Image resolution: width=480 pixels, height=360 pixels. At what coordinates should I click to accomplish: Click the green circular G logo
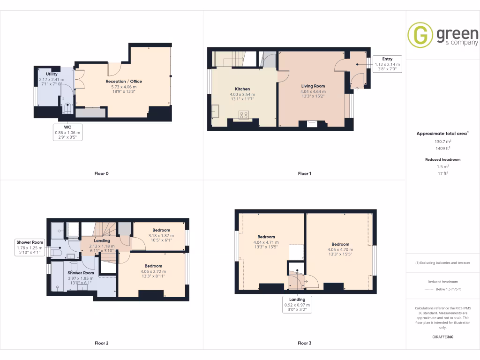pos(420,35)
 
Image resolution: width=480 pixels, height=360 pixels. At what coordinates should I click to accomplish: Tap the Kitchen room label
pos(242,89)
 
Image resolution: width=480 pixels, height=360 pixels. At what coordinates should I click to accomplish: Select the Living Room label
pos(313,86)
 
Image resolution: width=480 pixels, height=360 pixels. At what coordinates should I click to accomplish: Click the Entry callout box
pos(387,64)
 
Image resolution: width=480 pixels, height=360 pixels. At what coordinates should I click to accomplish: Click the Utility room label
pos(52,74)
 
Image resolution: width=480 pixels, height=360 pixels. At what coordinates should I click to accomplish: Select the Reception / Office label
pos(124,82)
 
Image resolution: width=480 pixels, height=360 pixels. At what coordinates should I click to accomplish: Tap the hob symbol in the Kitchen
pos(244,114)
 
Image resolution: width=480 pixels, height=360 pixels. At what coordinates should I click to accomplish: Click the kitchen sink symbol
pos(216,112)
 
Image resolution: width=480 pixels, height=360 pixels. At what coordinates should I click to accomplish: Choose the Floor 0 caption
pos(101,173)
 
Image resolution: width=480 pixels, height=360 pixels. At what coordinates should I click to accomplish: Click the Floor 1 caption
pos(304,173)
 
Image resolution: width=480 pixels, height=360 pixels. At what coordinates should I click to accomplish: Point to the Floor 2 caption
pos(101,343)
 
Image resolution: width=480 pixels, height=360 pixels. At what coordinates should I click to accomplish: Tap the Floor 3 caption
pos(304,343)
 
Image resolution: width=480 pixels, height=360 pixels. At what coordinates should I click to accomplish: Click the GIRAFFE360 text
pos(443,337)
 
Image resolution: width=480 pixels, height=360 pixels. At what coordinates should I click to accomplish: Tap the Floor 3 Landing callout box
pos(297,305)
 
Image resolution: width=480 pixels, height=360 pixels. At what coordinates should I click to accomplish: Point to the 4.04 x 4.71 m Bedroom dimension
pos(266,242)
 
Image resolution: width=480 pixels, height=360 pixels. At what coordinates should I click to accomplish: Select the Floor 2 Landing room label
pos(102,240)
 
